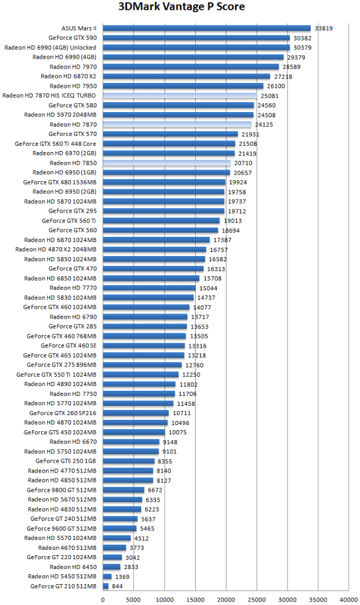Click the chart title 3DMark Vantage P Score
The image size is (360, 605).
click(x=181, y=7)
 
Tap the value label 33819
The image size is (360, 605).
click(x=323, y=28)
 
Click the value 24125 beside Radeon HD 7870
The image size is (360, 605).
click(x=264, y=124)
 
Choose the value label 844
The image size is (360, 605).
click(x=118, y=586)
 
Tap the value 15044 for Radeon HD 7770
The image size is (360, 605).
click(x=208, y=288)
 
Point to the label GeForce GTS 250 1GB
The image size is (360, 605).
click(x=66, y=461)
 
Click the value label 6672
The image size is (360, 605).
click(x=154, y=490)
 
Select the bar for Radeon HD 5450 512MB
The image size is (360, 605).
click(x=107, y=577)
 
